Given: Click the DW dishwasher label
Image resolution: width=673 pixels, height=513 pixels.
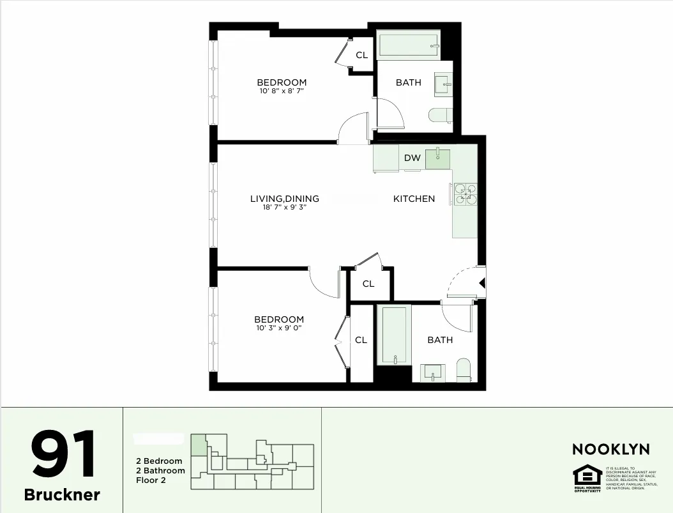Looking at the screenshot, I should pos(412,158).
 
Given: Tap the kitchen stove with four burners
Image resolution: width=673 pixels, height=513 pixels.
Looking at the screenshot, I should pos(464,195).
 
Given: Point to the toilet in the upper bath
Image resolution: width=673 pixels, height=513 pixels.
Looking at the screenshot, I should pos(441,116).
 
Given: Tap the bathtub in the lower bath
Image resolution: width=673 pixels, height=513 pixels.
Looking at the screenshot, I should pos(393,335).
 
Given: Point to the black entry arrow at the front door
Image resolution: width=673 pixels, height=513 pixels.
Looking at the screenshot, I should pos(483,282).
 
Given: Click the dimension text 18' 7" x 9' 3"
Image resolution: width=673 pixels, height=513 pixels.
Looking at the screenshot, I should pos(284,208).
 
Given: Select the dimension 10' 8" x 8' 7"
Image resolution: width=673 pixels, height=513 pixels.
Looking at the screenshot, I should pos(282,91).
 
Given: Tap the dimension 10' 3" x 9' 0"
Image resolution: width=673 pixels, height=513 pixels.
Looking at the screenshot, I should pos(278,328).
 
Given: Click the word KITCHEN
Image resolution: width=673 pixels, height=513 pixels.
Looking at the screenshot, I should pos(414,199).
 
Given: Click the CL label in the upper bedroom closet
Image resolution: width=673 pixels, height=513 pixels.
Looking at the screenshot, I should pos(362,55).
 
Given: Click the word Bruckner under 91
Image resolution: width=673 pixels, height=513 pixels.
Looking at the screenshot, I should pos(62,494).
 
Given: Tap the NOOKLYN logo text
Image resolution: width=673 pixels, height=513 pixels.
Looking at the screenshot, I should pos(610,449).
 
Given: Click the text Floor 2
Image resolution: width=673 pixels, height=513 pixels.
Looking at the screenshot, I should pos(151,480).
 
